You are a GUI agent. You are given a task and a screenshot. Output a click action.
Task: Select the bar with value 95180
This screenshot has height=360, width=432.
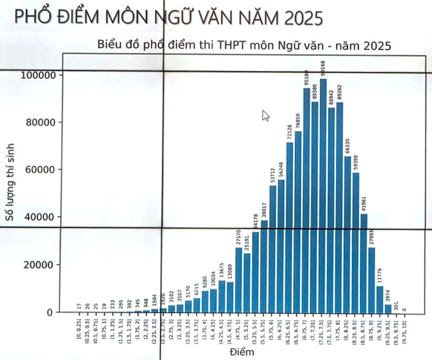tap(306, 200)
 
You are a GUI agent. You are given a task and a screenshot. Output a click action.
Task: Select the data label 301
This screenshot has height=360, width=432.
tap(396, 306)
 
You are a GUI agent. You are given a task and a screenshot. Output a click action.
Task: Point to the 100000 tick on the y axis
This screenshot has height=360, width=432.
tap(39, 75)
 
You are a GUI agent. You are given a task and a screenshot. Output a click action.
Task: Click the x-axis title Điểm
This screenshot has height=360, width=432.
tap(240, 352)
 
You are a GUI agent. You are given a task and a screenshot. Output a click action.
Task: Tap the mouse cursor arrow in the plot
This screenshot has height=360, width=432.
tap(265, 115)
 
